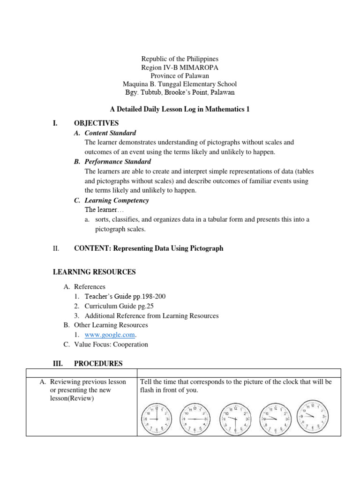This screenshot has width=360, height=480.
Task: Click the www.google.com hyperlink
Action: (x=110, y=335)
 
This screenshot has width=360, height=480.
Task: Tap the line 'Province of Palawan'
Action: (x=180, y=76)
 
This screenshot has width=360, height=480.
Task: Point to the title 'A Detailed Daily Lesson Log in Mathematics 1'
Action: (x=180, y=109)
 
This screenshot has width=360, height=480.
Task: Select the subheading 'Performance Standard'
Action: (x=117, y=162)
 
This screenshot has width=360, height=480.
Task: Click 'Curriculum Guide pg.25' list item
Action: (x=119, y=306)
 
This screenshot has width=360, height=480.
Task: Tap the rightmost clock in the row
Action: (x=314, y=414)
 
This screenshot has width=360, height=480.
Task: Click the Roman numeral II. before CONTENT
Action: (x=55, y=248)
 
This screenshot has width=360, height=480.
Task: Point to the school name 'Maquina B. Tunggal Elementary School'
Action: (x=180, y=84)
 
